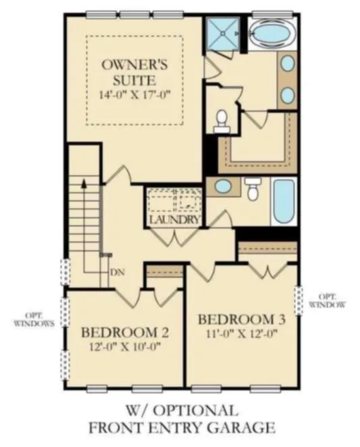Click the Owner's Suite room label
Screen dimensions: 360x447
point(134,72)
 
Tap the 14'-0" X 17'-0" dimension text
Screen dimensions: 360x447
point(134,95)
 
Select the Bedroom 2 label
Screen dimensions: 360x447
point(125,333)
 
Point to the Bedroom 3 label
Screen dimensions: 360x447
point(242,319)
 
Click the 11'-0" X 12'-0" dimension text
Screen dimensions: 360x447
point(242,334)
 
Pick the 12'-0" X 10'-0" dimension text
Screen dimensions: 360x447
point(125,347)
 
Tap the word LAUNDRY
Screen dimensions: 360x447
point(174,219)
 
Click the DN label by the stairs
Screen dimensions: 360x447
point(118,272)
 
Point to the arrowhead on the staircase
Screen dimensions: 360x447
point(84,183)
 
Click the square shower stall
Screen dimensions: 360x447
point(223,34)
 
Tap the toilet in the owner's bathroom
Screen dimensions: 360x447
point(222,122)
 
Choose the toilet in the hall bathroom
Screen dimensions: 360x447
point(253,188)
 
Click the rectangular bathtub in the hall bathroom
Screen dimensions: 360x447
point(284,201)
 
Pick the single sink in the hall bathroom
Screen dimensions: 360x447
point(223,187)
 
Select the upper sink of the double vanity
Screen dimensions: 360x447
point(287,63)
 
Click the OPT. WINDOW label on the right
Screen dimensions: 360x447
point(327,300)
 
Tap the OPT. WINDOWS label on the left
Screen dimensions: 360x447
point(34,319)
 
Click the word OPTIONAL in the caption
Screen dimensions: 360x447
point(195,411)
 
